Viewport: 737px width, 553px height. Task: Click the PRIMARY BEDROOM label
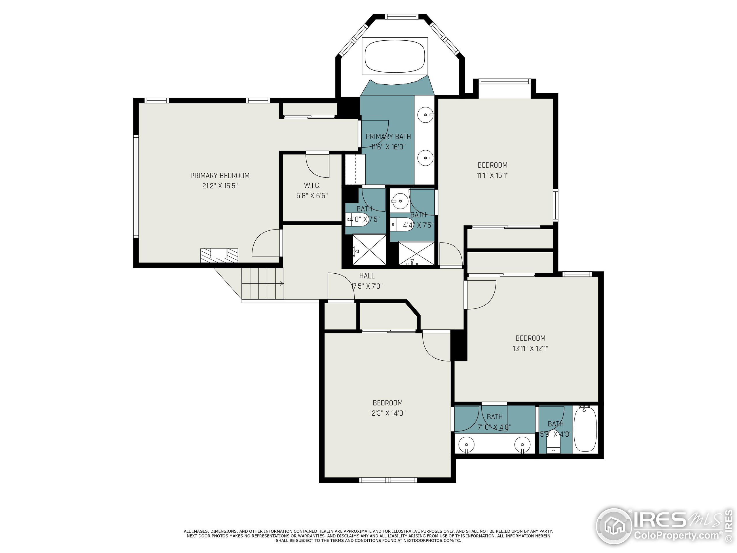[x=220, y=175]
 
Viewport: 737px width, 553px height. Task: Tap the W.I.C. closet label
[x=312, y=185]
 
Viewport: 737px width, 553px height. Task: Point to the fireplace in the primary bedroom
[x=219, y=255]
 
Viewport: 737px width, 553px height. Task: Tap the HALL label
[x=366, y=276]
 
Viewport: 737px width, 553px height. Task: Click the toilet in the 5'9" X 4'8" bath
[x=554, y=446]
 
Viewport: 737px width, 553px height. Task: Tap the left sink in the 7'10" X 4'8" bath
[x=466, y=445]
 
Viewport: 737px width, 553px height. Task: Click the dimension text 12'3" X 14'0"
[x=387, y=413]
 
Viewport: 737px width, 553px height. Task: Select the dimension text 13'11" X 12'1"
[x=530, y=348]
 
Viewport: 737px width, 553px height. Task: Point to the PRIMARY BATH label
[x=388, y=136]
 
